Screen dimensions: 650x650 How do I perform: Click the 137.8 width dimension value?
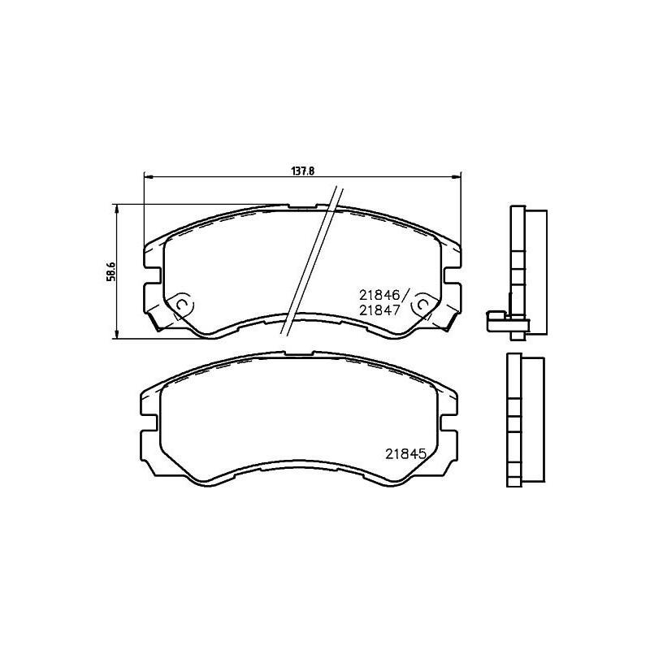302,171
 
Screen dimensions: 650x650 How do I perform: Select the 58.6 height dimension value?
111,271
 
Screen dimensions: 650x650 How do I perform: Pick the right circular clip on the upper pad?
422,305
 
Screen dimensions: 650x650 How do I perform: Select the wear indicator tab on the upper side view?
497,318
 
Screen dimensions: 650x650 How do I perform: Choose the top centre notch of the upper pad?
300,207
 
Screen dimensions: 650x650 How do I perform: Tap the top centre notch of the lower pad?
300,353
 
